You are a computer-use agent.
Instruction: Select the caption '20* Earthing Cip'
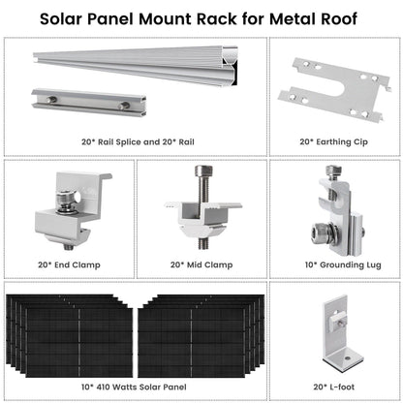click(x=332, y=140)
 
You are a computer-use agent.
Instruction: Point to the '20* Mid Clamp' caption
click(x=201, y=263)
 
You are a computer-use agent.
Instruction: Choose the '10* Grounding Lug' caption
click(x=332, y=263)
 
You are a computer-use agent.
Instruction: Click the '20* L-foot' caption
click(x=332, y=385)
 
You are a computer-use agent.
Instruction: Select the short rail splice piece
click(x=82, y=102)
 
